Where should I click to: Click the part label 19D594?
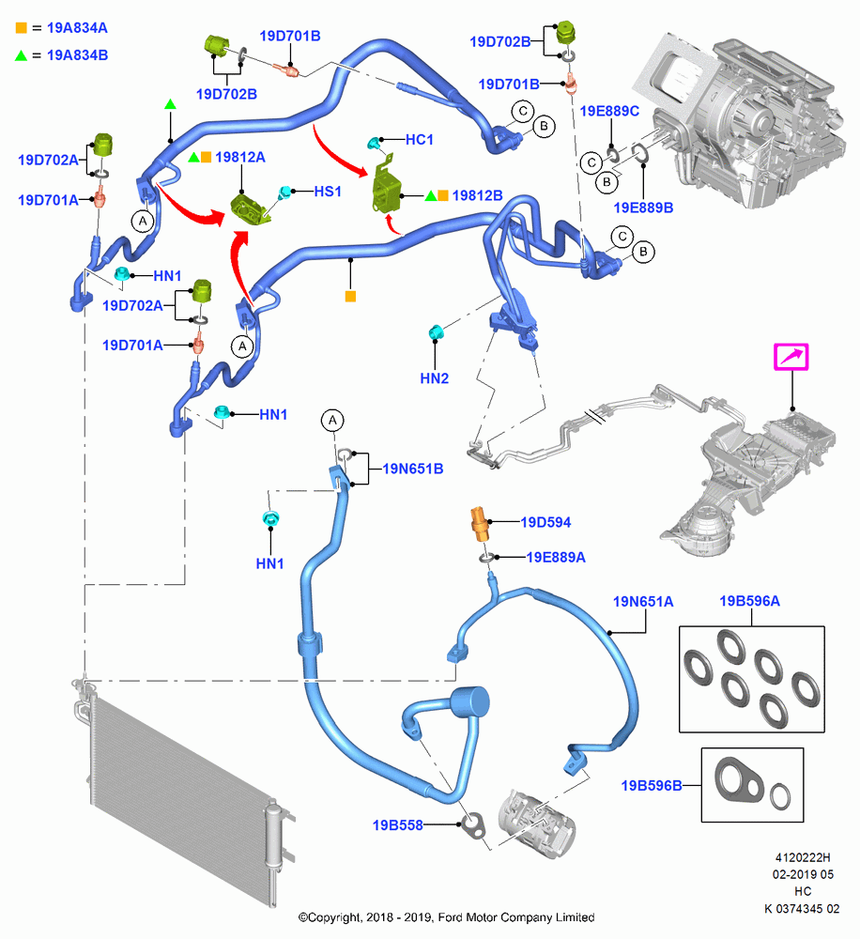[x=545, y=522]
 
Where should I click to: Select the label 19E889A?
[x=555, y=558]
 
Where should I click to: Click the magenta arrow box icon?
[x=791, y=357]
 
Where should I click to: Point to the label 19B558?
[x=398, y=825]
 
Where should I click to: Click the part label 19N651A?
[x=642, y=601]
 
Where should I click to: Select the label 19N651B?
[x=413, y=469]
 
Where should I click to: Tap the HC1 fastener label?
[x=420, y=140]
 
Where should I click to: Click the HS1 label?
[x=328, y=192]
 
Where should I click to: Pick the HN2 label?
[x=434, y=378]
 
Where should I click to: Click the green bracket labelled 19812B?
[x=386, y=184]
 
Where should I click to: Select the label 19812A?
[x=240, y=158]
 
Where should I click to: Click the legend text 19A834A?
[x=77, y=28]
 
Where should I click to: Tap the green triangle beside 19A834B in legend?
[x=21, y=55]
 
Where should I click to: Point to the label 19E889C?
[x=609, y=112]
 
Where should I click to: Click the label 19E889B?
[x=643, y=208]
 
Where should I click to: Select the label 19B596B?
[x=652, y=786]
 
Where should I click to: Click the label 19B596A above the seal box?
[x=749, y=601]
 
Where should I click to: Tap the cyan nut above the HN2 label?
[x=436, y=332]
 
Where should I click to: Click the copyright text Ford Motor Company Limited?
[x=516, y=917]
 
